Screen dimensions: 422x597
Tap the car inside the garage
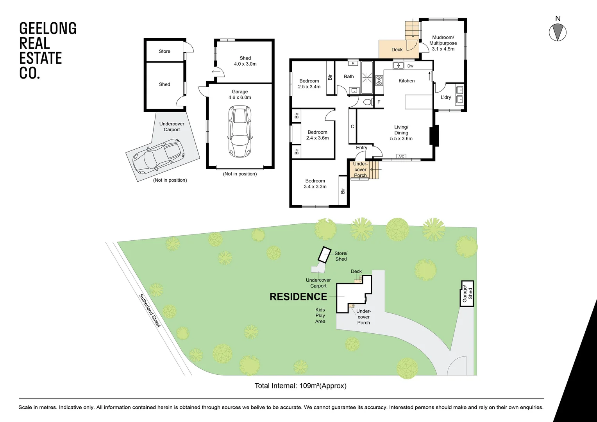tap(240, 132)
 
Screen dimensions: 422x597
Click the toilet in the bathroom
tap(367, 102)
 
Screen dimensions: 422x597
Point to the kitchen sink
tap(398, 66)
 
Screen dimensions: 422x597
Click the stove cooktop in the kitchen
tap(379, 80)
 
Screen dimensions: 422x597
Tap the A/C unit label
tap(401, 156)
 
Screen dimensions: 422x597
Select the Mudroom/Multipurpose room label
tap(443, 43)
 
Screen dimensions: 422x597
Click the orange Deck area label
tap(397, 50)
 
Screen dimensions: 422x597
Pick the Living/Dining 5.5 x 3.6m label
tap(401, 133)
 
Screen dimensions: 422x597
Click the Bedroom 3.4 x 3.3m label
tap(315, 184)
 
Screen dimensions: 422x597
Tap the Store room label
tap(164, 51)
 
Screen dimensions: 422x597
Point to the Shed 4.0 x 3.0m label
tap(245, 61)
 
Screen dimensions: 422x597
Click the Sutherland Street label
tap(150, 311)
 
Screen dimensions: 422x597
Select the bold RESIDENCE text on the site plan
tap(298, 297)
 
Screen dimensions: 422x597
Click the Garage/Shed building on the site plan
tap(467, 293)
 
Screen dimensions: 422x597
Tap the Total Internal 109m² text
tap(300, 386)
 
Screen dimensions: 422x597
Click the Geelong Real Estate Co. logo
tap(48, 50)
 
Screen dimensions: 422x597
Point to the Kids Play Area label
tap(320, 315)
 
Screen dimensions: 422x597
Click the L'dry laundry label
tap(446, 97)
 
